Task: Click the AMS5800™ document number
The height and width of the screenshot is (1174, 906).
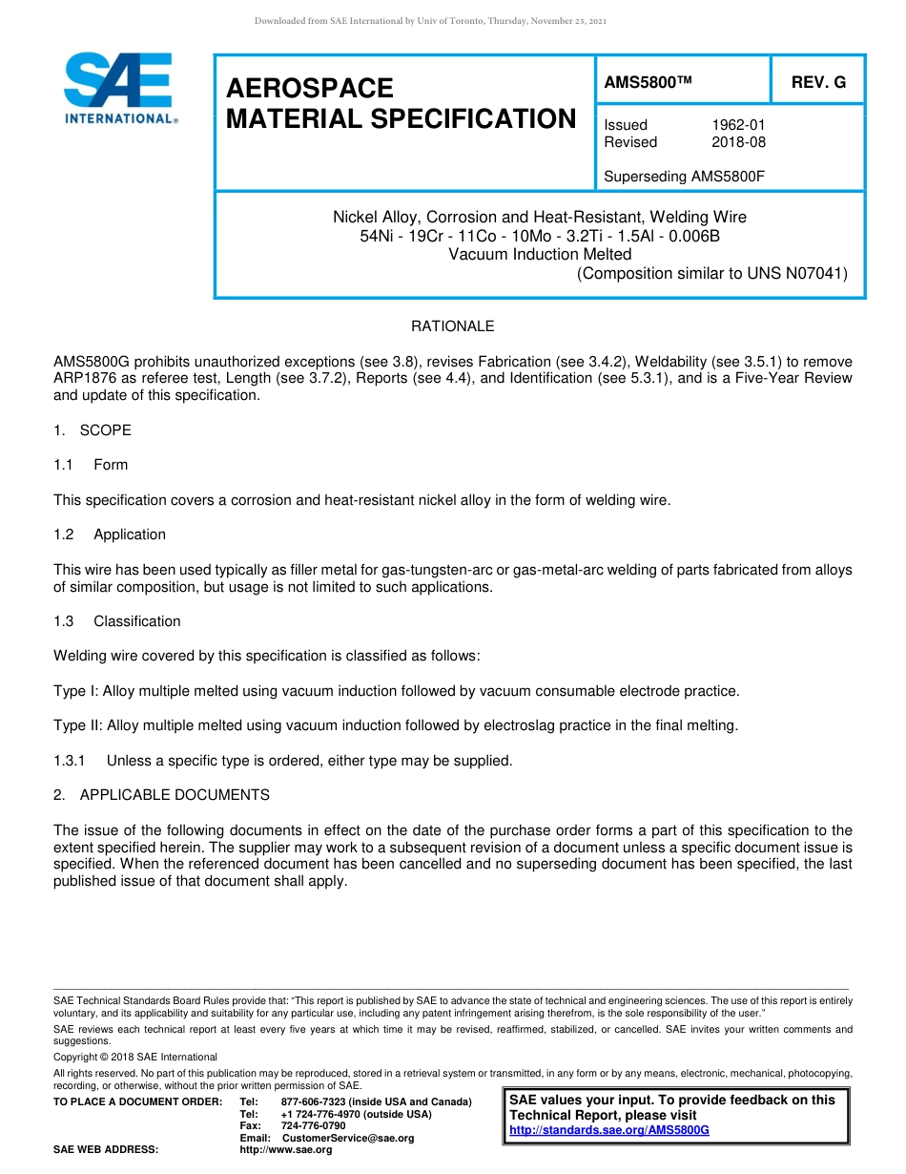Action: [647, 83]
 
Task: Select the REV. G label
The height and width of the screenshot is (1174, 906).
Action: [818, 83]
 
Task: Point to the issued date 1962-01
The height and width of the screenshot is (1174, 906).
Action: [738, 125]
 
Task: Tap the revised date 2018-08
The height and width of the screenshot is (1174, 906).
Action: [738, 142]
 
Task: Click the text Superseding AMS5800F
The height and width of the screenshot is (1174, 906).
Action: [685, 176]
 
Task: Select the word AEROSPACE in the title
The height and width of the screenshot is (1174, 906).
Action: [309, 89]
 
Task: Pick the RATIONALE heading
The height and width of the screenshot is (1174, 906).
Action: [452, 326]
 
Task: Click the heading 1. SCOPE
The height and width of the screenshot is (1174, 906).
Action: [93, 430]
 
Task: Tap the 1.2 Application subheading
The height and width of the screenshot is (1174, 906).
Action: [110, 535]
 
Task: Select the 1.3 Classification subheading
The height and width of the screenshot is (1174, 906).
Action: [116, 621]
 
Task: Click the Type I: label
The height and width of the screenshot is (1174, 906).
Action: [76, 691]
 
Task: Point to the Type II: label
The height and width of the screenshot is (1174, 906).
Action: [78, 725]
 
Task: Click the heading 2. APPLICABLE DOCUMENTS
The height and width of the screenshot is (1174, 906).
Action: [161, 795]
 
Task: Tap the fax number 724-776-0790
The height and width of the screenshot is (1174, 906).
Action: [313, 1126]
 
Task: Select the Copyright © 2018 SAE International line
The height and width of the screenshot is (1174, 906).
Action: [135, 1057]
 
